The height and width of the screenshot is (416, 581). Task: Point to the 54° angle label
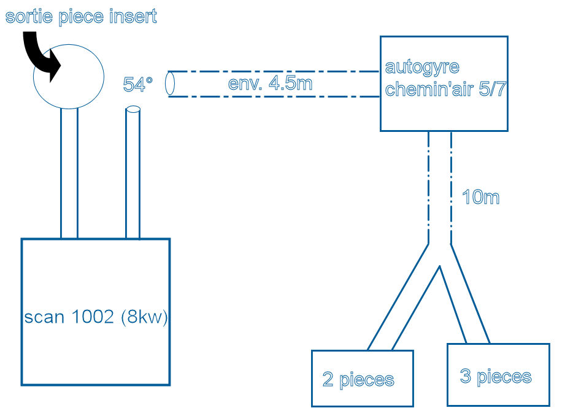pyautogui.click(x=137, y=85)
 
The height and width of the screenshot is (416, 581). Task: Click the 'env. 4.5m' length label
pyautogui.click(x=270, y=83)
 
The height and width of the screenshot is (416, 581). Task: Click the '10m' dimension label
pyautogui.click(x=481, y=198)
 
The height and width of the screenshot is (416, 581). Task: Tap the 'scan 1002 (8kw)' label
pyautogui.click(x=96, y=318)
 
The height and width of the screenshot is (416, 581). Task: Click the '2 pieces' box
pyautogui.click(x=362, y=378)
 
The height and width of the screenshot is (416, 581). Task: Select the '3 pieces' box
pyautogui.click(x=498, y=374)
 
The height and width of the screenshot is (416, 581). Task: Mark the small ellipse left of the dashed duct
pyautogui.click(x=171, y=83)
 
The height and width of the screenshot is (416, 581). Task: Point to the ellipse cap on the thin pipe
pyautogui.click(x=133, y=110)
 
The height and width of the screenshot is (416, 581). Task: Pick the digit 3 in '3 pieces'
pyautogui.click(x=466, y=376)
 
